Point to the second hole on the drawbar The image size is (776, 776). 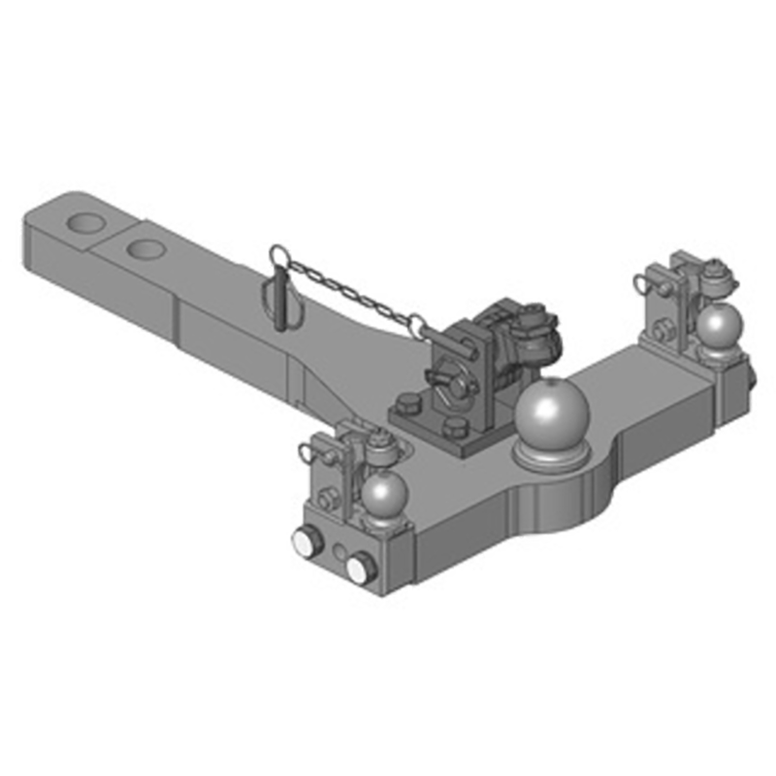(145, 249)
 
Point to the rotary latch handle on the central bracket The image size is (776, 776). (448, 382)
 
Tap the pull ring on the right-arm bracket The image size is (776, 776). (645, 282)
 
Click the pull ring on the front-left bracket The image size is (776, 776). (311, 448)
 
